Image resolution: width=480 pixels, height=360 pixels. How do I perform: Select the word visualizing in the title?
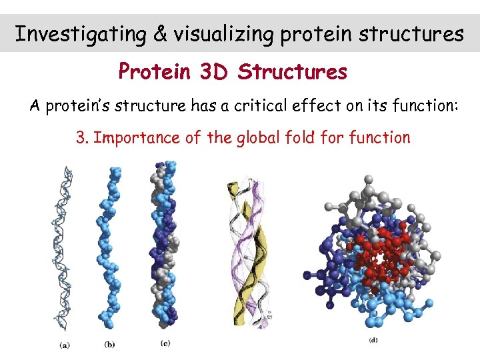tap(223, 33)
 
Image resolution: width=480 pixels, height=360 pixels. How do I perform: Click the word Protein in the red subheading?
tap(155, 71)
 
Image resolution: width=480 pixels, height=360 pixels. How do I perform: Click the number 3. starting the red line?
tap(83, 138)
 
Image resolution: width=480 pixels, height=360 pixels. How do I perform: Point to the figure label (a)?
tap(65, 345)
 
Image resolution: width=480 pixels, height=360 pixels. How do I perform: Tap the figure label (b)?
tap(110, 345)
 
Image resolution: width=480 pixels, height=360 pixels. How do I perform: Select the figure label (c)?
tap(166, 344)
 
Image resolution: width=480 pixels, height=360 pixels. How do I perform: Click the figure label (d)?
tap(374, 341)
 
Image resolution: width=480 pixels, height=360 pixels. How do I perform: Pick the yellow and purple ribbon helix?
tap(251, 253)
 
